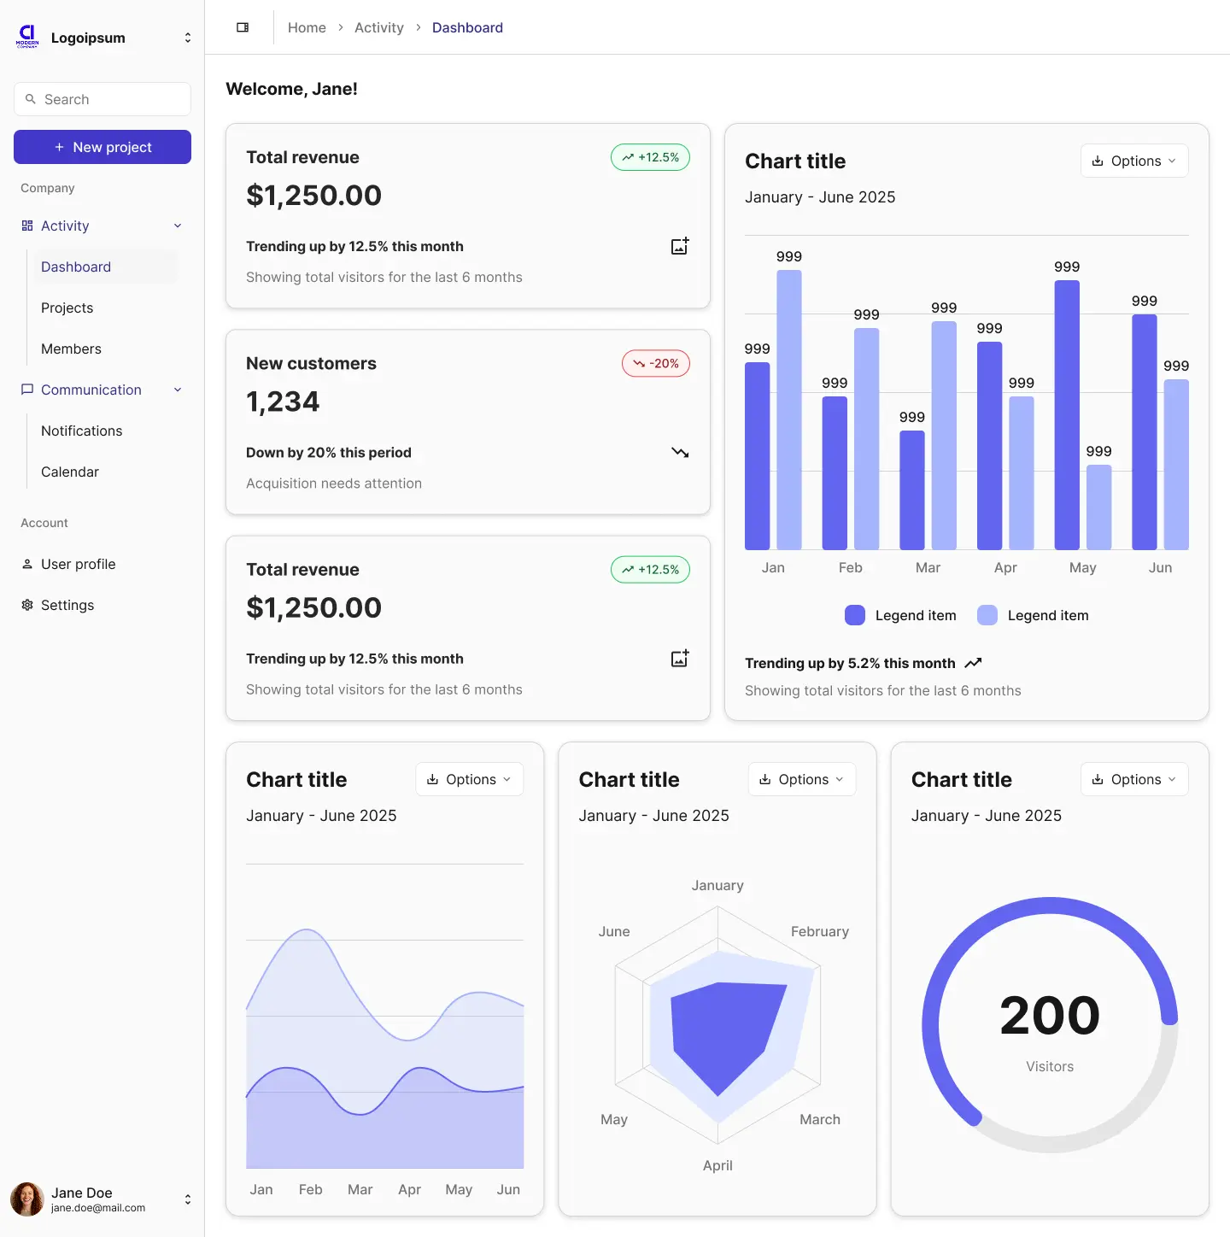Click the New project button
click(102, 147)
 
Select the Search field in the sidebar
click(102, 99)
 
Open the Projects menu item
click(67, 308)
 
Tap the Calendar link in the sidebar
click(70, 472)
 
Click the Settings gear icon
click(27, 605)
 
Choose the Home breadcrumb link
click(307, 27)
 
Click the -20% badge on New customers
click(655, 363)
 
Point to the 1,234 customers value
click(283, 402)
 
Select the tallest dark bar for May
click(1067, 414)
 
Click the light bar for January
click(789, 410)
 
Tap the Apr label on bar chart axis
click(1005, 567)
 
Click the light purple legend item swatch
click(987, 615)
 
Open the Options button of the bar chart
click(1133, 161)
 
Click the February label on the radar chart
click(819, 931)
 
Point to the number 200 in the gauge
click(1050, 1015)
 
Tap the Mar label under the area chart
click(360, 1189)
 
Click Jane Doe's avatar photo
click(27, 1199)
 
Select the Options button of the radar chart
click(801, 779)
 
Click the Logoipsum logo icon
click(27, 36)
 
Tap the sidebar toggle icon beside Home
click(243, 27)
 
